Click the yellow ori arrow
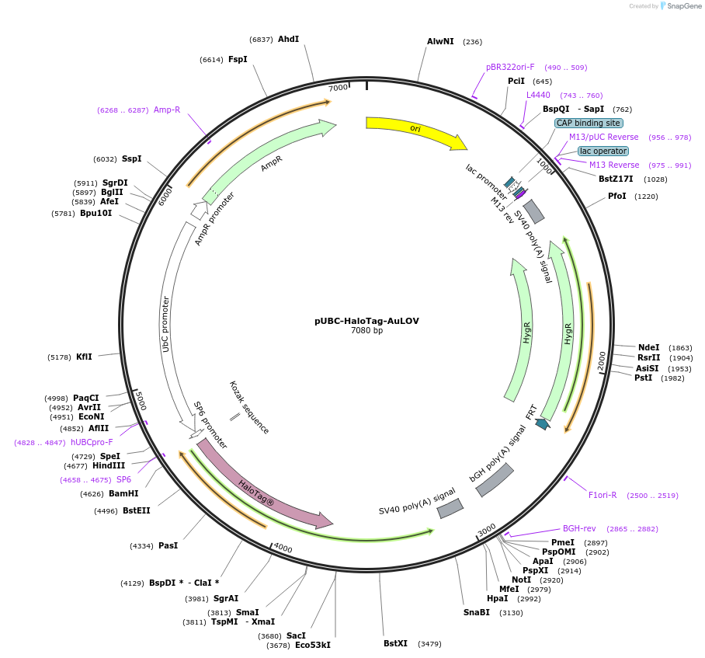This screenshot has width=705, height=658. (x=416, y=132)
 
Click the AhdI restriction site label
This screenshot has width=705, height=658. (x=288, y=39)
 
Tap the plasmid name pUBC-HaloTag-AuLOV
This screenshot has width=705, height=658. (x=366, y=321)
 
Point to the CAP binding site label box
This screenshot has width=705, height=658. (x=588, y=123)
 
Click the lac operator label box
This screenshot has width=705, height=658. (x=603, y=151)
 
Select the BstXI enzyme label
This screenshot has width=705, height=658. (x=395, y=643)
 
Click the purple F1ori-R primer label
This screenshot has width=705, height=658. (x=603, y=495)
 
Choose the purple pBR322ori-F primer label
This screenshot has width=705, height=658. (x=510, y=67)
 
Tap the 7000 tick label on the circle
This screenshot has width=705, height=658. (x=338, y=87)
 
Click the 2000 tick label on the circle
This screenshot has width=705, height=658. (x=602, y=360)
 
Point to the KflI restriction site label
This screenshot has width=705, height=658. (x=84, y=357)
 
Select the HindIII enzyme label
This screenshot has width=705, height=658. (x=109, y=465)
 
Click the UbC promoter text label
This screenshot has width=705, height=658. (x=165, y=324)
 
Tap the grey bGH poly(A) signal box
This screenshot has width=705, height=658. (x=495, y=480)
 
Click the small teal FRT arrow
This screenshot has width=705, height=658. (x=542, y=423)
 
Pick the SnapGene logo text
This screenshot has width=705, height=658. (x=684, y=6)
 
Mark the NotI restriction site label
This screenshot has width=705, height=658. (x=521, y=580)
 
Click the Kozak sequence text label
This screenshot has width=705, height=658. (x=248, y=408)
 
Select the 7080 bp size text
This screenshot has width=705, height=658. (x=367, y=331)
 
